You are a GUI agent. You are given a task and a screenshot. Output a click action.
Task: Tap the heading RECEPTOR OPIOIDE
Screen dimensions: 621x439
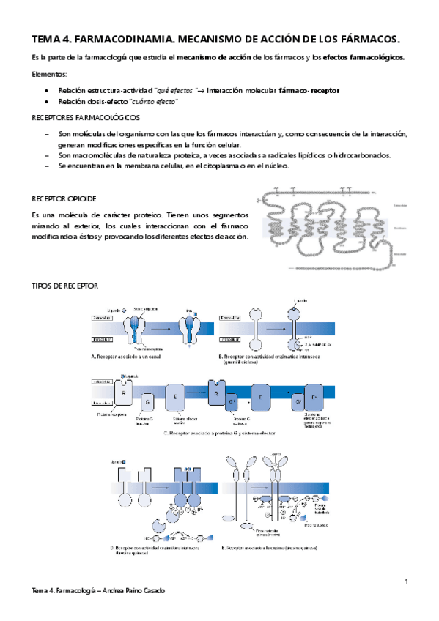pos(64,199)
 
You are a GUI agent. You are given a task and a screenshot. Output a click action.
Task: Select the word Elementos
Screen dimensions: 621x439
pos(48,75)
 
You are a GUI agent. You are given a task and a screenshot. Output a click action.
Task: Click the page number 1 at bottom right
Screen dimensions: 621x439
pos(406,581)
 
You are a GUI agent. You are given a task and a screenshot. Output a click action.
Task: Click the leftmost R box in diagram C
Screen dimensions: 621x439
pos(125,393)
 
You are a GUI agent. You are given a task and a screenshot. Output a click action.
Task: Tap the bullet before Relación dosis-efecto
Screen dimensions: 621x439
pos(48,103)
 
